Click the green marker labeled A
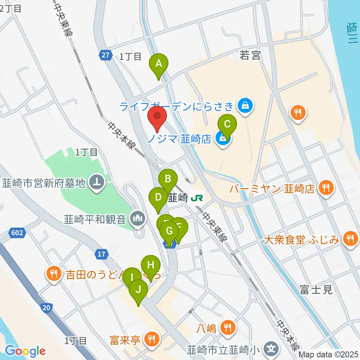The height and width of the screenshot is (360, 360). pos(159,64)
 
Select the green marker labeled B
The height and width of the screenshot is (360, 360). pos(168,179)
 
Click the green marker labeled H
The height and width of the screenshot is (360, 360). pos(151,265)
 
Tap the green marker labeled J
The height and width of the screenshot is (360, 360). pos(138,289)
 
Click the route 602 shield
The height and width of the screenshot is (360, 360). pos(18,233)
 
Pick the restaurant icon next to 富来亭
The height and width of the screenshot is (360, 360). pos(151,340)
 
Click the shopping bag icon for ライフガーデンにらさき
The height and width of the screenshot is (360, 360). pos(245,106)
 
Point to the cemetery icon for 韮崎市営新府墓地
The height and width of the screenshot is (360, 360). pos(97,183)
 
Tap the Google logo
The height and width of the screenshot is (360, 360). pos(25,351)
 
